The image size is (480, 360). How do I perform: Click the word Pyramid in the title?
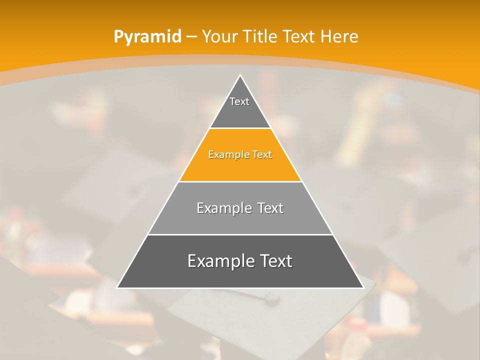147,37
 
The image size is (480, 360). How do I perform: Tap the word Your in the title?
219,37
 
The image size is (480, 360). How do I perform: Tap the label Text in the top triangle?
239,101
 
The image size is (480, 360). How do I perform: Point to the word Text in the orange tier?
262,155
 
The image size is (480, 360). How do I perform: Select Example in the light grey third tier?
222,208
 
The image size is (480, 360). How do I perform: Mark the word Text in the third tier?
270,208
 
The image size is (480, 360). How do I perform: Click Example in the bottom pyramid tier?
219,261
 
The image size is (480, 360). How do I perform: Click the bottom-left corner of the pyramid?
117,287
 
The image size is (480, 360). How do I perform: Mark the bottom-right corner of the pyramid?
363,287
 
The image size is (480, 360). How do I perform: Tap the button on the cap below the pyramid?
272,298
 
